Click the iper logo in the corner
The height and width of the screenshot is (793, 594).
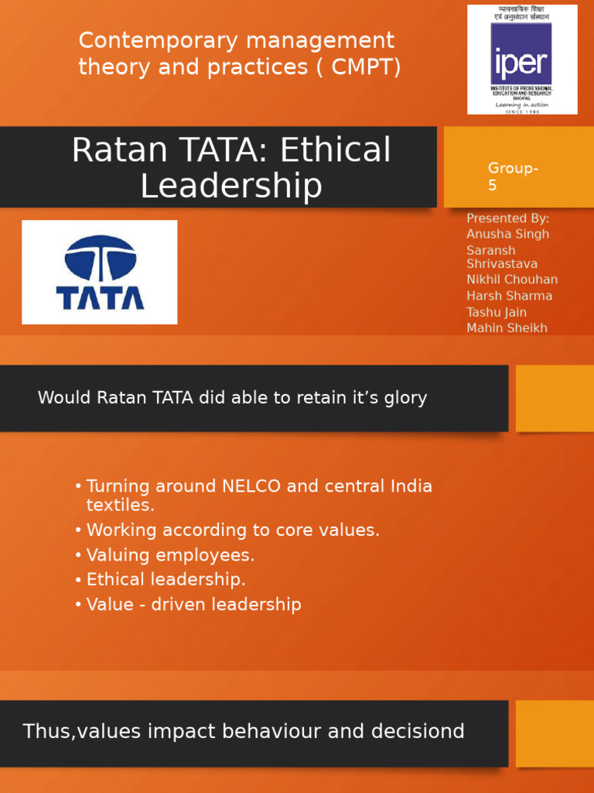(x=522, y=60)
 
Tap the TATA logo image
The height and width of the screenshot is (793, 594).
(x=99, y=272)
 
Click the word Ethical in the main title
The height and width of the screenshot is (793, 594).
(x=336, y=150)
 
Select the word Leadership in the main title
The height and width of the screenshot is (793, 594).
(x=230, y=186)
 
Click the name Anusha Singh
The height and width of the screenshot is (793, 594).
(x=507, y=234)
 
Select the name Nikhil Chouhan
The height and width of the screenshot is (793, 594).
(x=511, y=280)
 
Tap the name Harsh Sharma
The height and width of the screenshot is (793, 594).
(x=509, y=296)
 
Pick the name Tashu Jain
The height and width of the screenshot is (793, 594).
(x=496, y=312)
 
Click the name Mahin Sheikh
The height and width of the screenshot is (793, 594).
(x=507, y=328)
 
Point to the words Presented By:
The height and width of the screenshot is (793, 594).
(x=507, y=218)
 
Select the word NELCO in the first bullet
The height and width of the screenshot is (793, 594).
(x=253, y=486)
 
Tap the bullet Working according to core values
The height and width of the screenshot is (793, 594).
(x=233, y=530)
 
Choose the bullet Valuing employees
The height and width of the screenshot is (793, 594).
(x=170, y=555)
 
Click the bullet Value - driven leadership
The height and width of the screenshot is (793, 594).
(x=193, y=605)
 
